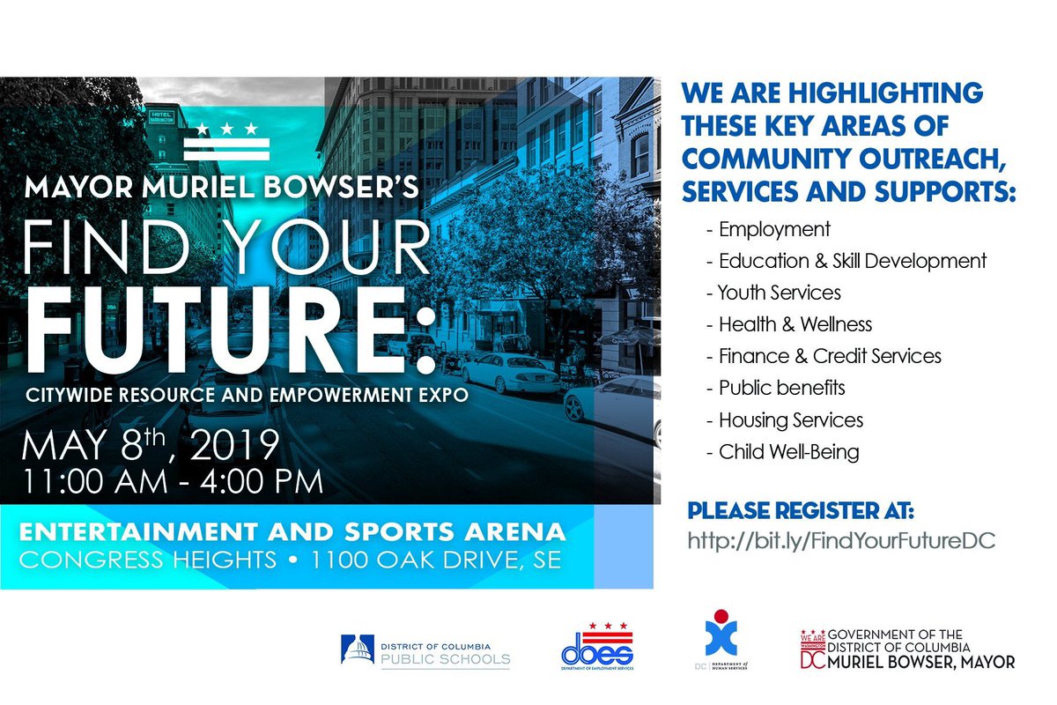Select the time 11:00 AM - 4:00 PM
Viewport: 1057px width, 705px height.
(x=174, y=483)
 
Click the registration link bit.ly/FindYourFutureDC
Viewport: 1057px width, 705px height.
(x=841, y=540)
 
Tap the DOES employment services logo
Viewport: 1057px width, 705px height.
(x=596, y=649)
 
